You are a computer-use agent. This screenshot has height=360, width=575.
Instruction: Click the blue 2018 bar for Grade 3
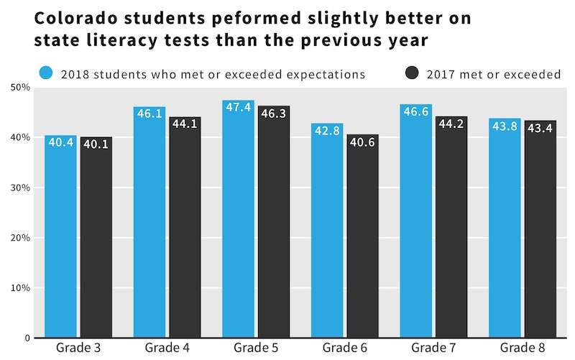click(x=60, y=237)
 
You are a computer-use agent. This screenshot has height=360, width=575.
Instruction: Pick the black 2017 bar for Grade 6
click(x=362, y=237)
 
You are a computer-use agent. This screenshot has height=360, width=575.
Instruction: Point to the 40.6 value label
click(x=362, y=143)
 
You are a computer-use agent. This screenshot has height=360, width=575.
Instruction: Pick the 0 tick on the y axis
click(x=25, y=338)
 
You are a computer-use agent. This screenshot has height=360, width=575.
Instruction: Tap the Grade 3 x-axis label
click(x=78, y=349)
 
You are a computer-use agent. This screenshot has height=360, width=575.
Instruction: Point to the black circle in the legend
click(x=412, y=73)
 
